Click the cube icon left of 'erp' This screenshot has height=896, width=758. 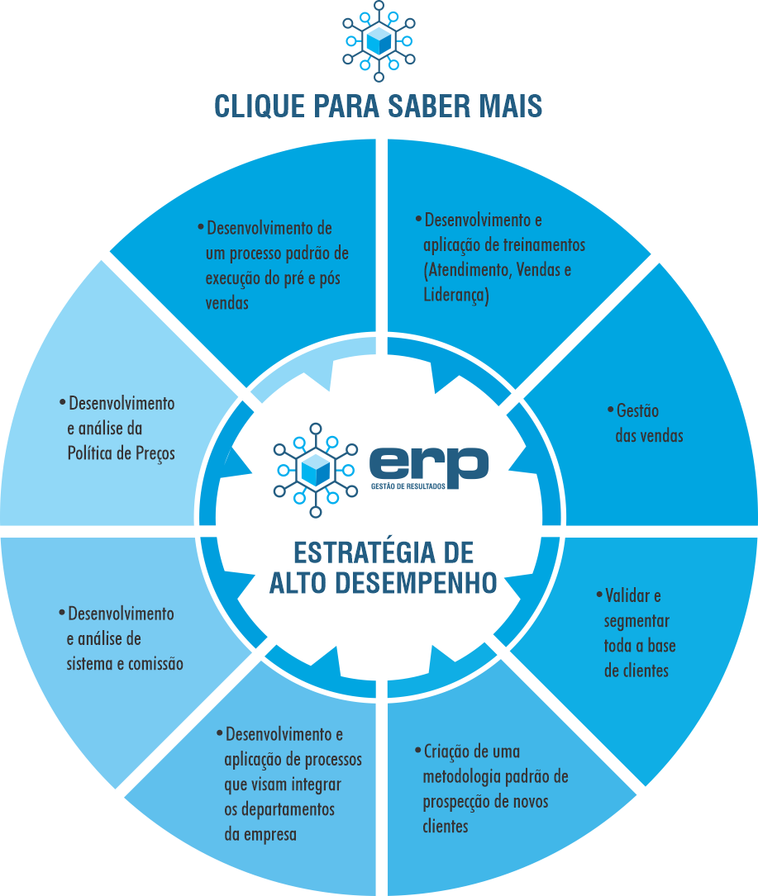click(x=314, y=470)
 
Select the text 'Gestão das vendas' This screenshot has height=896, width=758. click(x=649, y=423)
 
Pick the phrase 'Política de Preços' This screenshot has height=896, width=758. click(x=121, y=453)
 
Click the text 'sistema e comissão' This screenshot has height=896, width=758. click(x=125, y=664)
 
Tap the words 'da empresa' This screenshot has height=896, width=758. click(x=260, y=833)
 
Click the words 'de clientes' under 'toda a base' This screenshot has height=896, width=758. click(x=636, y=671)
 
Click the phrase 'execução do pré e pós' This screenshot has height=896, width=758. click(x=273, y=278)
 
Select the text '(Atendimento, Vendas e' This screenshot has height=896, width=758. click(x=497, y=270)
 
